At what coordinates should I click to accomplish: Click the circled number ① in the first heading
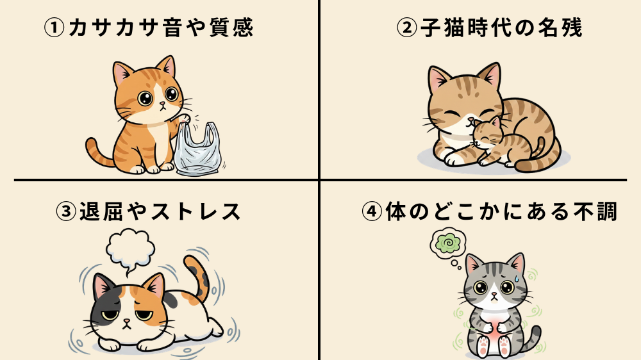(54, 28)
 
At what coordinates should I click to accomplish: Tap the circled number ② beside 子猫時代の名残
(407, 28)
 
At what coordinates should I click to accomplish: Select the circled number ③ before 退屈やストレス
(67, 211)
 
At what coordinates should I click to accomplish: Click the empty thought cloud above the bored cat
(130, 247)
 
